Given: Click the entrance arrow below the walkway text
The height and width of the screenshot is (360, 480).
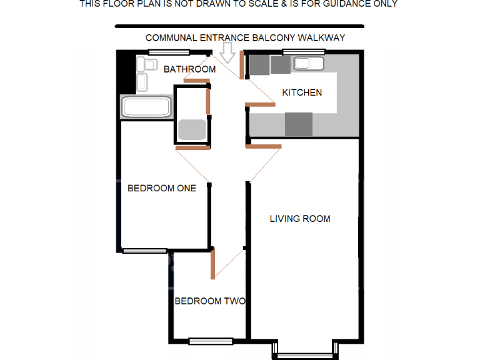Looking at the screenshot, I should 228,54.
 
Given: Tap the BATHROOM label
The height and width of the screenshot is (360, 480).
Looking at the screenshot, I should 189,69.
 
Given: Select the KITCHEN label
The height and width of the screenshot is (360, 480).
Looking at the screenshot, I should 302,92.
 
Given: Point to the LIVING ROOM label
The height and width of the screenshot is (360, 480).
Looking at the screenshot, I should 300,219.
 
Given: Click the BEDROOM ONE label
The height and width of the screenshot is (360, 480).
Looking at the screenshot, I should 161,188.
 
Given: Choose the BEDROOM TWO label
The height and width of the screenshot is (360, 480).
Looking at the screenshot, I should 209,301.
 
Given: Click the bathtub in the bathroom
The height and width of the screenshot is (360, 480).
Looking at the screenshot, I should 146,107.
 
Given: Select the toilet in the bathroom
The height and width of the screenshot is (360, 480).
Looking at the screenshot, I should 147,64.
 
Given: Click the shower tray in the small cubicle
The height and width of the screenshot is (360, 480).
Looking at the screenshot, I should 192,129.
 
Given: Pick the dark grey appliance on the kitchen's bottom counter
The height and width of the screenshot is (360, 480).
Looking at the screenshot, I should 298,124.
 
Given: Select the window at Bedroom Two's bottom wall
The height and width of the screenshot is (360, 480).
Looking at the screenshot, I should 211,341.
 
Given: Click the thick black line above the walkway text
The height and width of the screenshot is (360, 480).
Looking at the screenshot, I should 239,26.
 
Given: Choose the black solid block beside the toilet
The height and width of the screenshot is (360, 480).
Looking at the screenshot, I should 127,72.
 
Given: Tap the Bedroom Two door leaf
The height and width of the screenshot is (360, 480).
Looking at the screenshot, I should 213,262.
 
